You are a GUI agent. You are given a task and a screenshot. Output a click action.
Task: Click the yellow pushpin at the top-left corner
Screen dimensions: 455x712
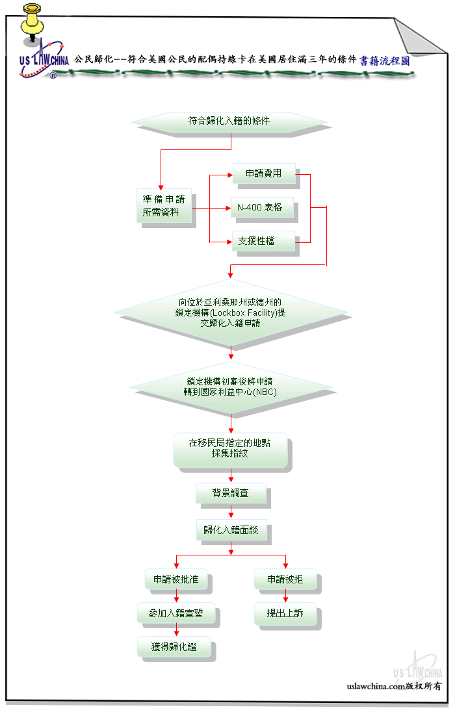[32, 22]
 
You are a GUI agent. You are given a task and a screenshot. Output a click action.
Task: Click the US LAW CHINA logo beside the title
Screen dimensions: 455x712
[44, 59]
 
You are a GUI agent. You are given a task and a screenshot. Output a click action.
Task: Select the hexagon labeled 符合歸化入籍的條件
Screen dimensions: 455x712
[229, 121]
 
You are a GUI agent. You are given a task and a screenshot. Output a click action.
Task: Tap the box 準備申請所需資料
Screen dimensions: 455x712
[164, 206]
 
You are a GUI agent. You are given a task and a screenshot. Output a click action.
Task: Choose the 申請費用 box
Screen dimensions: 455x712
[264, 173]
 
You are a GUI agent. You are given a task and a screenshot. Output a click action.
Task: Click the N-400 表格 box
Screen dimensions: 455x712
[262, 207]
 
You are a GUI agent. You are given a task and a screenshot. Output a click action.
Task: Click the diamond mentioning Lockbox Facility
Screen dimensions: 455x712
[231, 312]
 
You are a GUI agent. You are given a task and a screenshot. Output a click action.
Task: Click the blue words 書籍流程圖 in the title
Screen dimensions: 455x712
[385, 60]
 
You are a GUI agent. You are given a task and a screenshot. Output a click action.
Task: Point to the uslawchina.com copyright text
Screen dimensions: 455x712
[394, 686]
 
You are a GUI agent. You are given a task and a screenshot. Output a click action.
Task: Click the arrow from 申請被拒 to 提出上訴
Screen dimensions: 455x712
[285, 596]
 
